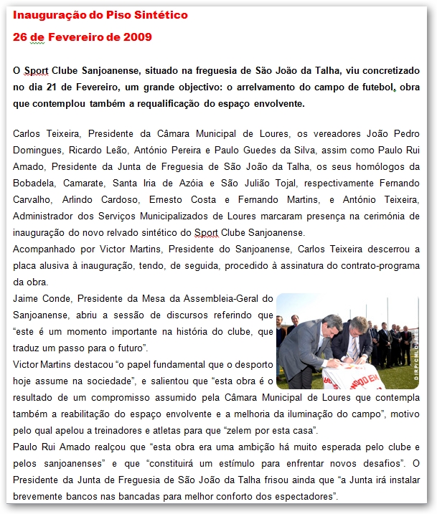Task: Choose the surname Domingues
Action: [37, 150]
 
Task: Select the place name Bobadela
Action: [37, 183]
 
